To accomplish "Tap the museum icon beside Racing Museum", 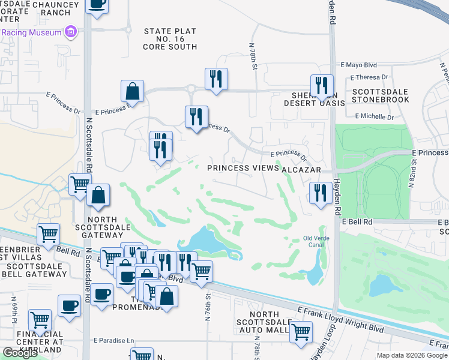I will click(x=71, y=32).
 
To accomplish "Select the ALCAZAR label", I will click(x=301, y=169).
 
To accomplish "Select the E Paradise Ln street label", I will click(x=113, y=341).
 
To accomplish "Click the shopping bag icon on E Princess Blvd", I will click(x=132, y=91).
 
